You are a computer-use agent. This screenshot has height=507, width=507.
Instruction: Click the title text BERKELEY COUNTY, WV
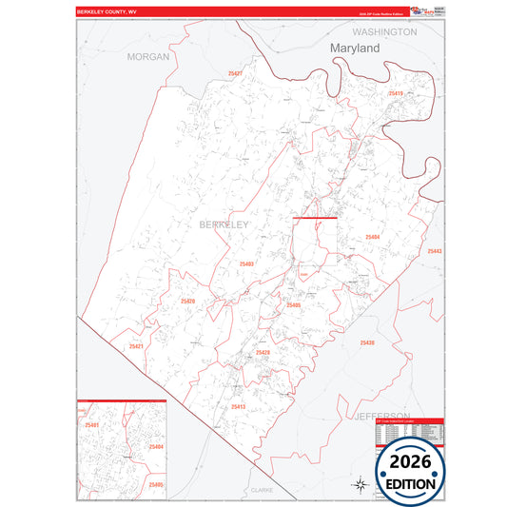[107, 12]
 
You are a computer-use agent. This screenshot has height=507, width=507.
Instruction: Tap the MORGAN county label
[148, 57]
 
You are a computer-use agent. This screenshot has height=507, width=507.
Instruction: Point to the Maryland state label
[355, 48]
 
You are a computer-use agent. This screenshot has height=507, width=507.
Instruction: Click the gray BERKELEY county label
[224, 224]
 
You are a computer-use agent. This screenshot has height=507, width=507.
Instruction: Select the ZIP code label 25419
[397, 93]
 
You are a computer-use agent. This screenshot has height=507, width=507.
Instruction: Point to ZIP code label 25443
[434, 251]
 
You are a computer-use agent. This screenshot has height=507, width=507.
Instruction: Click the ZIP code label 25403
[246, 263]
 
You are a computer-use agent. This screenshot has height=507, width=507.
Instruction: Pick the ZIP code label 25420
[187, 302]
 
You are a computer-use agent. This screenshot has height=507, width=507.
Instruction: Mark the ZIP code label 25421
[136, 347]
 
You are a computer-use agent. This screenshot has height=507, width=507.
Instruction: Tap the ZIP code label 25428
[263, 353]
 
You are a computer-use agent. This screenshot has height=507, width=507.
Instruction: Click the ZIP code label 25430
[367, 342]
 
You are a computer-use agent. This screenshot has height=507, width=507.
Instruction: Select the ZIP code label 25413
[238, 406]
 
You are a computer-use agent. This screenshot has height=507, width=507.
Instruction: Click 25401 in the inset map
[92, 425]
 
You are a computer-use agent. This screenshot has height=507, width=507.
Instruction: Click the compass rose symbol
[361, 484]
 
